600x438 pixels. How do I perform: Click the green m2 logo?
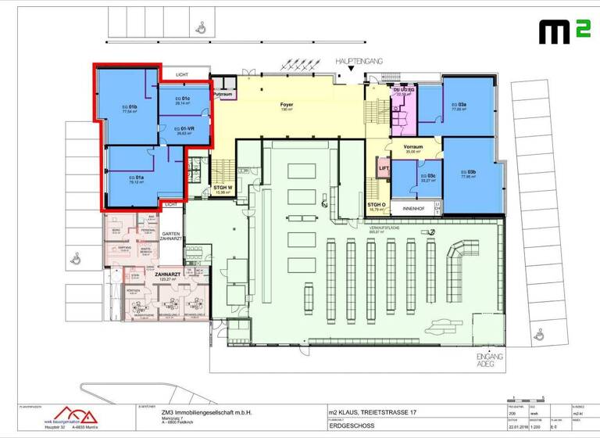pyautogui.click(x=561, y=32)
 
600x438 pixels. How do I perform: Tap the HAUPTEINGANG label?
pyautogui.click(x=359, y=60)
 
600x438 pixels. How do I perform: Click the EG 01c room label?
pyautogui.click(x=182, y=100)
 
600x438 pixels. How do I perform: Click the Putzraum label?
pyautogui.click(x=223, y=93)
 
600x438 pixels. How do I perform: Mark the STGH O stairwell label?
pyautogui.click(x=377, y=206)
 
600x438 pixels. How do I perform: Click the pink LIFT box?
pyautogui.click(x=384, y=168)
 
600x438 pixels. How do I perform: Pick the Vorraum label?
pyautogui.click(x=412, y=149)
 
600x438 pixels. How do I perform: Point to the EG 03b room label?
pyautogui.click(x=468, y=174)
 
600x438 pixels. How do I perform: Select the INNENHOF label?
pyautogui.click(x=412, y=208)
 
